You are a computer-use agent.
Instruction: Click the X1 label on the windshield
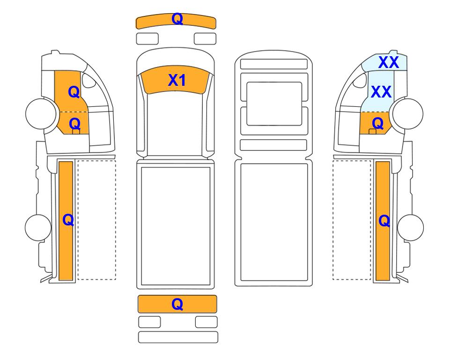[177, 80]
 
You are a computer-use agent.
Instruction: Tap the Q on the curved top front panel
[177, 19]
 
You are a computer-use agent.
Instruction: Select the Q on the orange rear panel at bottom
[177, 304]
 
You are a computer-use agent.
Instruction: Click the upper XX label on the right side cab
[389, 62]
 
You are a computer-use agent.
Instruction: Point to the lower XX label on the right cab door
[381, 92]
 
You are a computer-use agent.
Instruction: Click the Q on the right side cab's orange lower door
[377, 123]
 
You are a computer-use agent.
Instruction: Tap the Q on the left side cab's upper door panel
[74, 92]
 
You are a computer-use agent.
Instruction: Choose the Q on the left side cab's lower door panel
[75, 124]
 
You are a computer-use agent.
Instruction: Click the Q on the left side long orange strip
[68, 220]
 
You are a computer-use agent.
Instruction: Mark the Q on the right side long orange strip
[384, 221]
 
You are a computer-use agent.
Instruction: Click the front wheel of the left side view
[41, 113]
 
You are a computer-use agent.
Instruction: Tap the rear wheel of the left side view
[38, 227]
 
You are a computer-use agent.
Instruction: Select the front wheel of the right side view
[408, 113]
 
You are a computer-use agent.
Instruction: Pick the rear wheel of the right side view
[410, 227]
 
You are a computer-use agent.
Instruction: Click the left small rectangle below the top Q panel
[147, 38]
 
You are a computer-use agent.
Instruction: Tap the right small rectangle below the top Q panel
[205, 38]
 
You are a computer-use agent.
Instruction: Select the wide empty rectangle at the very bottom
[178, 337]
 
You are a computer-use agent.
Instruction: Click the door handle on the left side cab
[76, 132]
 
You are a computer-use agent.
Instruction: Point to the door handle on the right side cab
[372, 132]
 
